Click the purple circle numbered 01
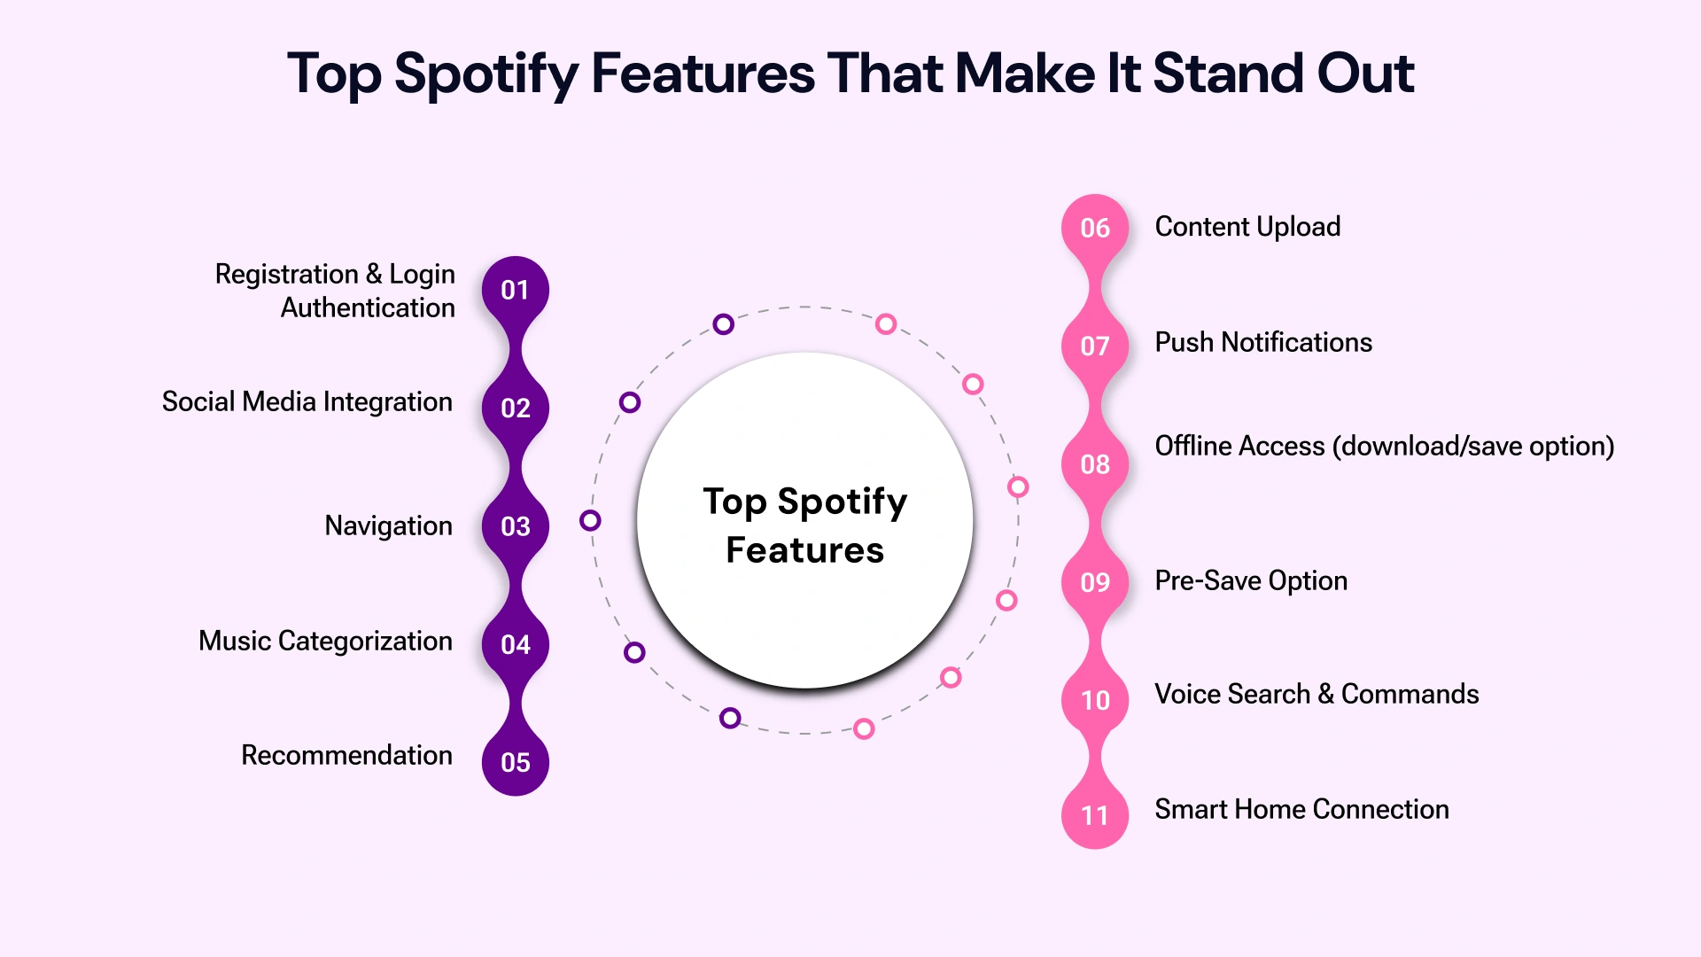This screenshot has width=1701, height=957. pyautogui.click(x=515, y=290)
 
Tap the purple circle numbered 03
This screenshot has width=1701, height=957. pyautogui.click(x=515, y=526)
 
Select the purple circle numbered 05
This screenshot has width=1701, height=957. pyautogui.click(x=515, y=762)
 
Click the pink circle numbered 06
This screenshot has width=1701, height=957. pyautogui.click(x=1095, y=228)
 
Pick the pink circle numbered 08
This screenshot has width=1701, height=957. pyautogui.click(x=1095, y=463)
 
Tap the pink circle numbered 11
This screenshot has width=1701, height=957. pyautogui.click(x=1095, y=815)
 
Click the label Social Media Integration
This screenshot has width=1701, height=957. pyautogui.click(x=307, y=401)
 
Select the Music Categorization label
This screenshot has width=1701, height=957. pyautogui.click(x=325, y=641)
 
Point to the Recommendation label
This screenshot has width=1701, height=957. pyautogui.click(x=346, y=755)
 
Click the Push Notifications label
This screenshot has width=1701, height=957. pyautogui.click(x=1263, y=342)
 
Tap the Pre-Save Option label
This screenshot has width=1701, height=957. pyautogui.click(x=1251, y=580)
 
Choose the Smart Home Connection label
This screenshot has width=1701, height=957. pyautogui.click(x=1301, y=809)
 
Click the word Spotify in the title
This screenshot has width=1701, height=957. pyautogui.click(x=485, y=74)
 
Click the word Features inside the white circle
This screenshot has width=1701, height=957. pyautogui.click(x=804, y=550)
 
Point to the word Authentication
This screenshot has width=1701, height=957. pyautogui.click(x=368, y=307)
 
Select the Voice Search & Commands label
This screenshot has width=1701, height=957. pyautogui.click(x=1317, y=694)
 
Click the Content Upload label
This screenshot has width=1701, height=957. pyautogui.click(x=1247, y=227)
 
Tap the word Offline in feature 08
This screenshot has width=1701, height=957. pyautogui.click(x=1195, y=446)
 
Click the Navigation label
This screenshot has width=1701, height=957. pyautogui.click(x=388, y=525)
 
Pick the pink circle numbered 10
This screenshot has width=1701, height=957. pyautogui.click(x=1095, y=700)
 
